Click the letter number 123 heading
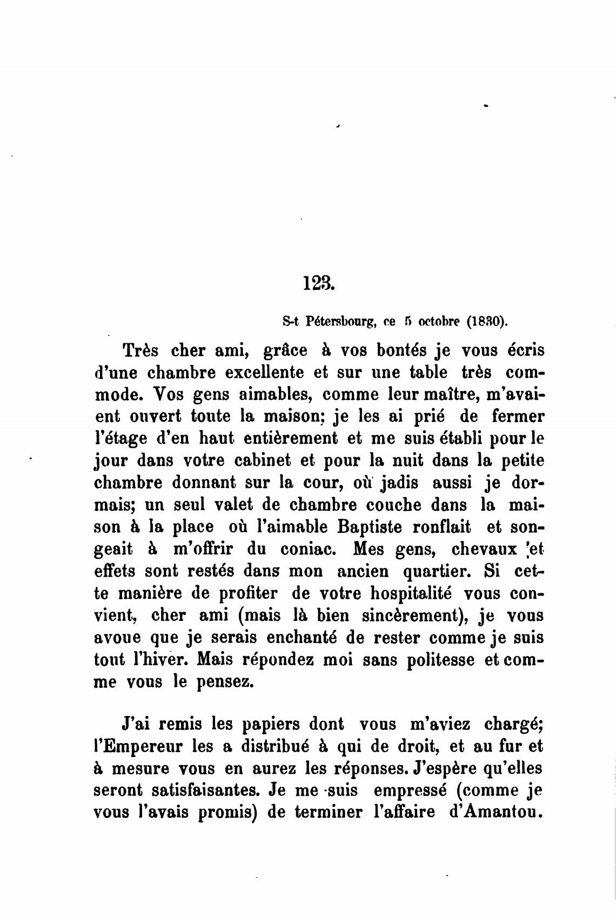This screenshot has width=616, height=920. [x=319, y=283]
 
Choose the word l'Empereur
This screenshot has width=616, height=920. [x=138, y=746]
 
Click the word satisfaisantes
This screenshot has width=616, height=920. [x=178, y=790]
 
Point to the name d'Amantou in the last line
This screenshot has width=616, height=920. [x=496, y=813]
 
